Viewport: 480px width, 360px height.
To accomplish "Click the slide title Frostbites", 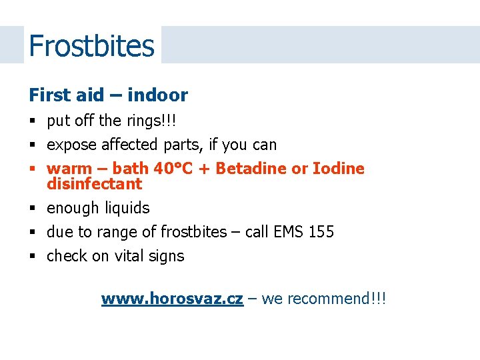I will click(x=91, y=46).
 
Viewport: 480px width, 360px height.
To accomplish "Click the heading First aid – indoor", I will click(x=108, y=95).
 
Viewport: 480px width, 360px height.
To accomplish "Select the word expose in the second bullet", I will click(x=72, y=145).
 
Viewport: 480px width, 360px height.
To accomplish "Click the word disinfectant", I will click(x=95, y=184).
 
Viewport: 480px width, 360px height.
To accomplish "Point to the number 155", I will click(x=321, y=232).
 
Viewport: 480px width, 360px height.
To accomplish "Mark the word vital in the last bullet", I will click(x=129, y=256).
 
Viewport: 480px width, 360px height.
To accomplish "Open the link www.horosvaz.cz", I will click(x=172, y=299).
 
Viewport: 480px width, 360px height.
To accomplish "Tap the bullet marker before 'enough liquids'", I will click(x=32, y=209).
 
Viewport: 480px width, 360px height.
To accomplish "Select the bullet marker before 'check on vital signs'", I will click(x=32, y=257).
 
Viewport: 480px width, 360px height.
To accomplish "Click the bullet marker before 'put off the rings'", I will click(x=32, y=121).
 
